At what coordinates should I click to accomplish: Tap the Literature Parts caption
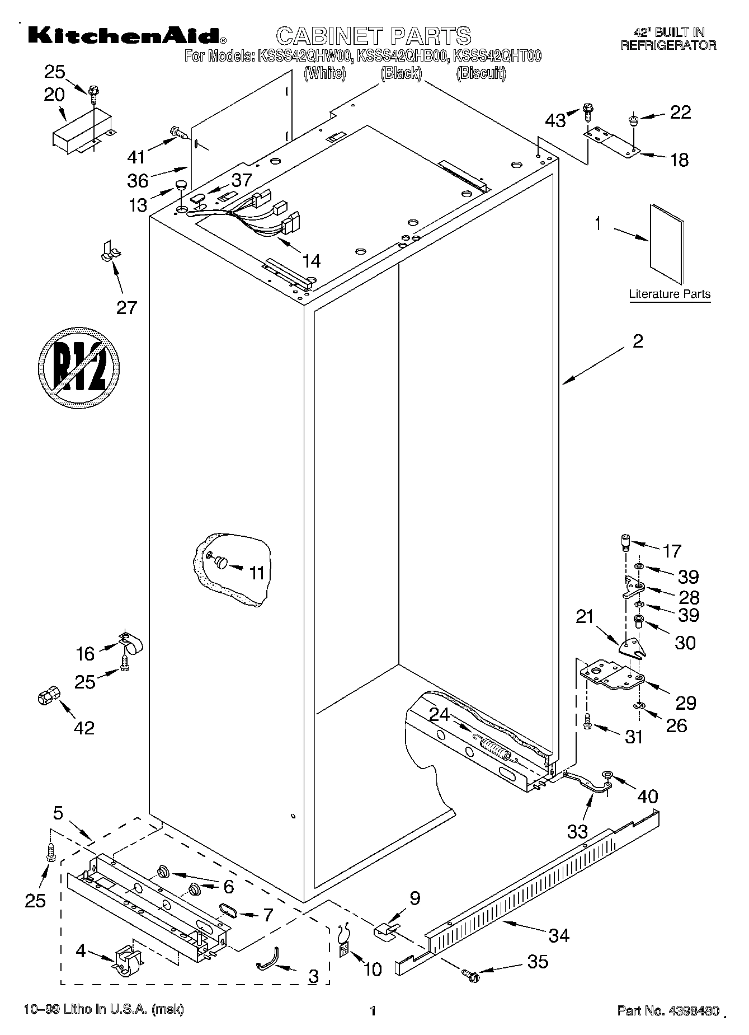(670, 294)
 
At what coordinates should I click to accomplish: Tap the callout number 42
(84, 728)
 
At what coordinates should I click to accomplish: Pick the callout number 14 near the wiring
(312, 261)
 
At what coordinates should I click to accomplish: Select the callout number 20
(54, 95)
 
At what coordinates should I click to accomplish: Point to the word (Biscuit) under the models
(481, 73)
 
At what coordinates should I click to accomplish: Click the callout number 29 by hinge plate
(686, 703)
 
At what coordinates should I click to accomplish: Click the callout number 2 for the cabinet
(638, 341)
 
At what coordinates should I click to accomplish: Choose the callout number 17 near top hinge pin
(672, 551)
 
